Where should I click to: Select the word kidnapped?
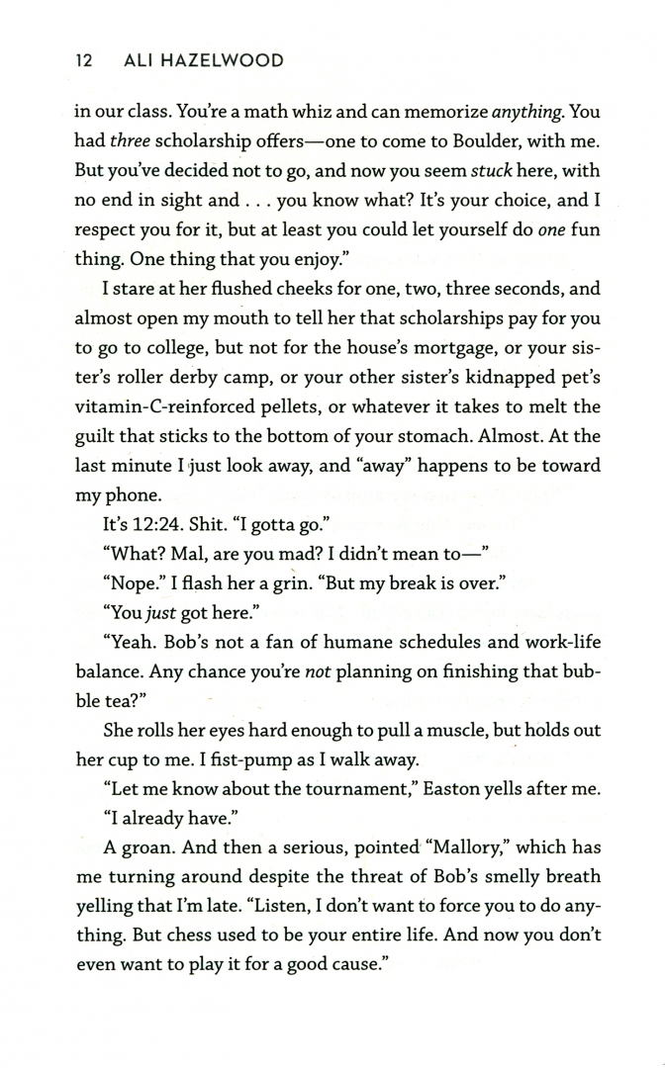pyautogui.click(x=485, y=377)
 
